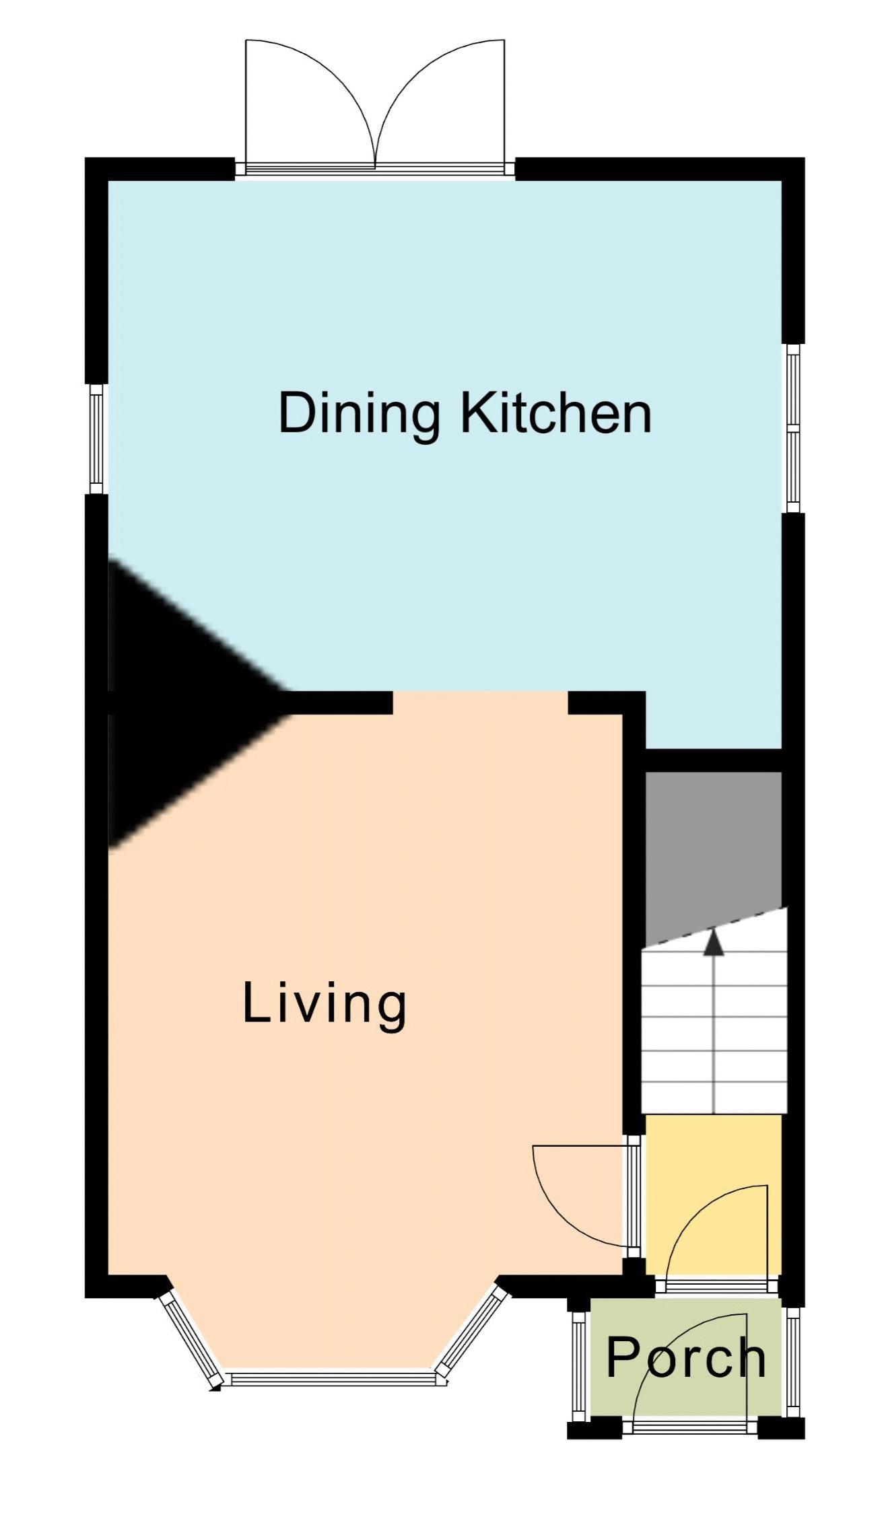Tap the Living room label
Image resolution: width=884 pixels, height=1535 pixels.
pyautogui.click(x=325, y=1005)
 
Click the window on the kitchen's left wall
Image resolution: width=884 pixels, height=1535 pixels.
pyautogui.click(x=97, y=439)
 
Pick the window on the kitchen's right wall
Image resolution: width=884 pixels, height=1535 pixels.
pyautogui.click(x=794, y=428)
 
